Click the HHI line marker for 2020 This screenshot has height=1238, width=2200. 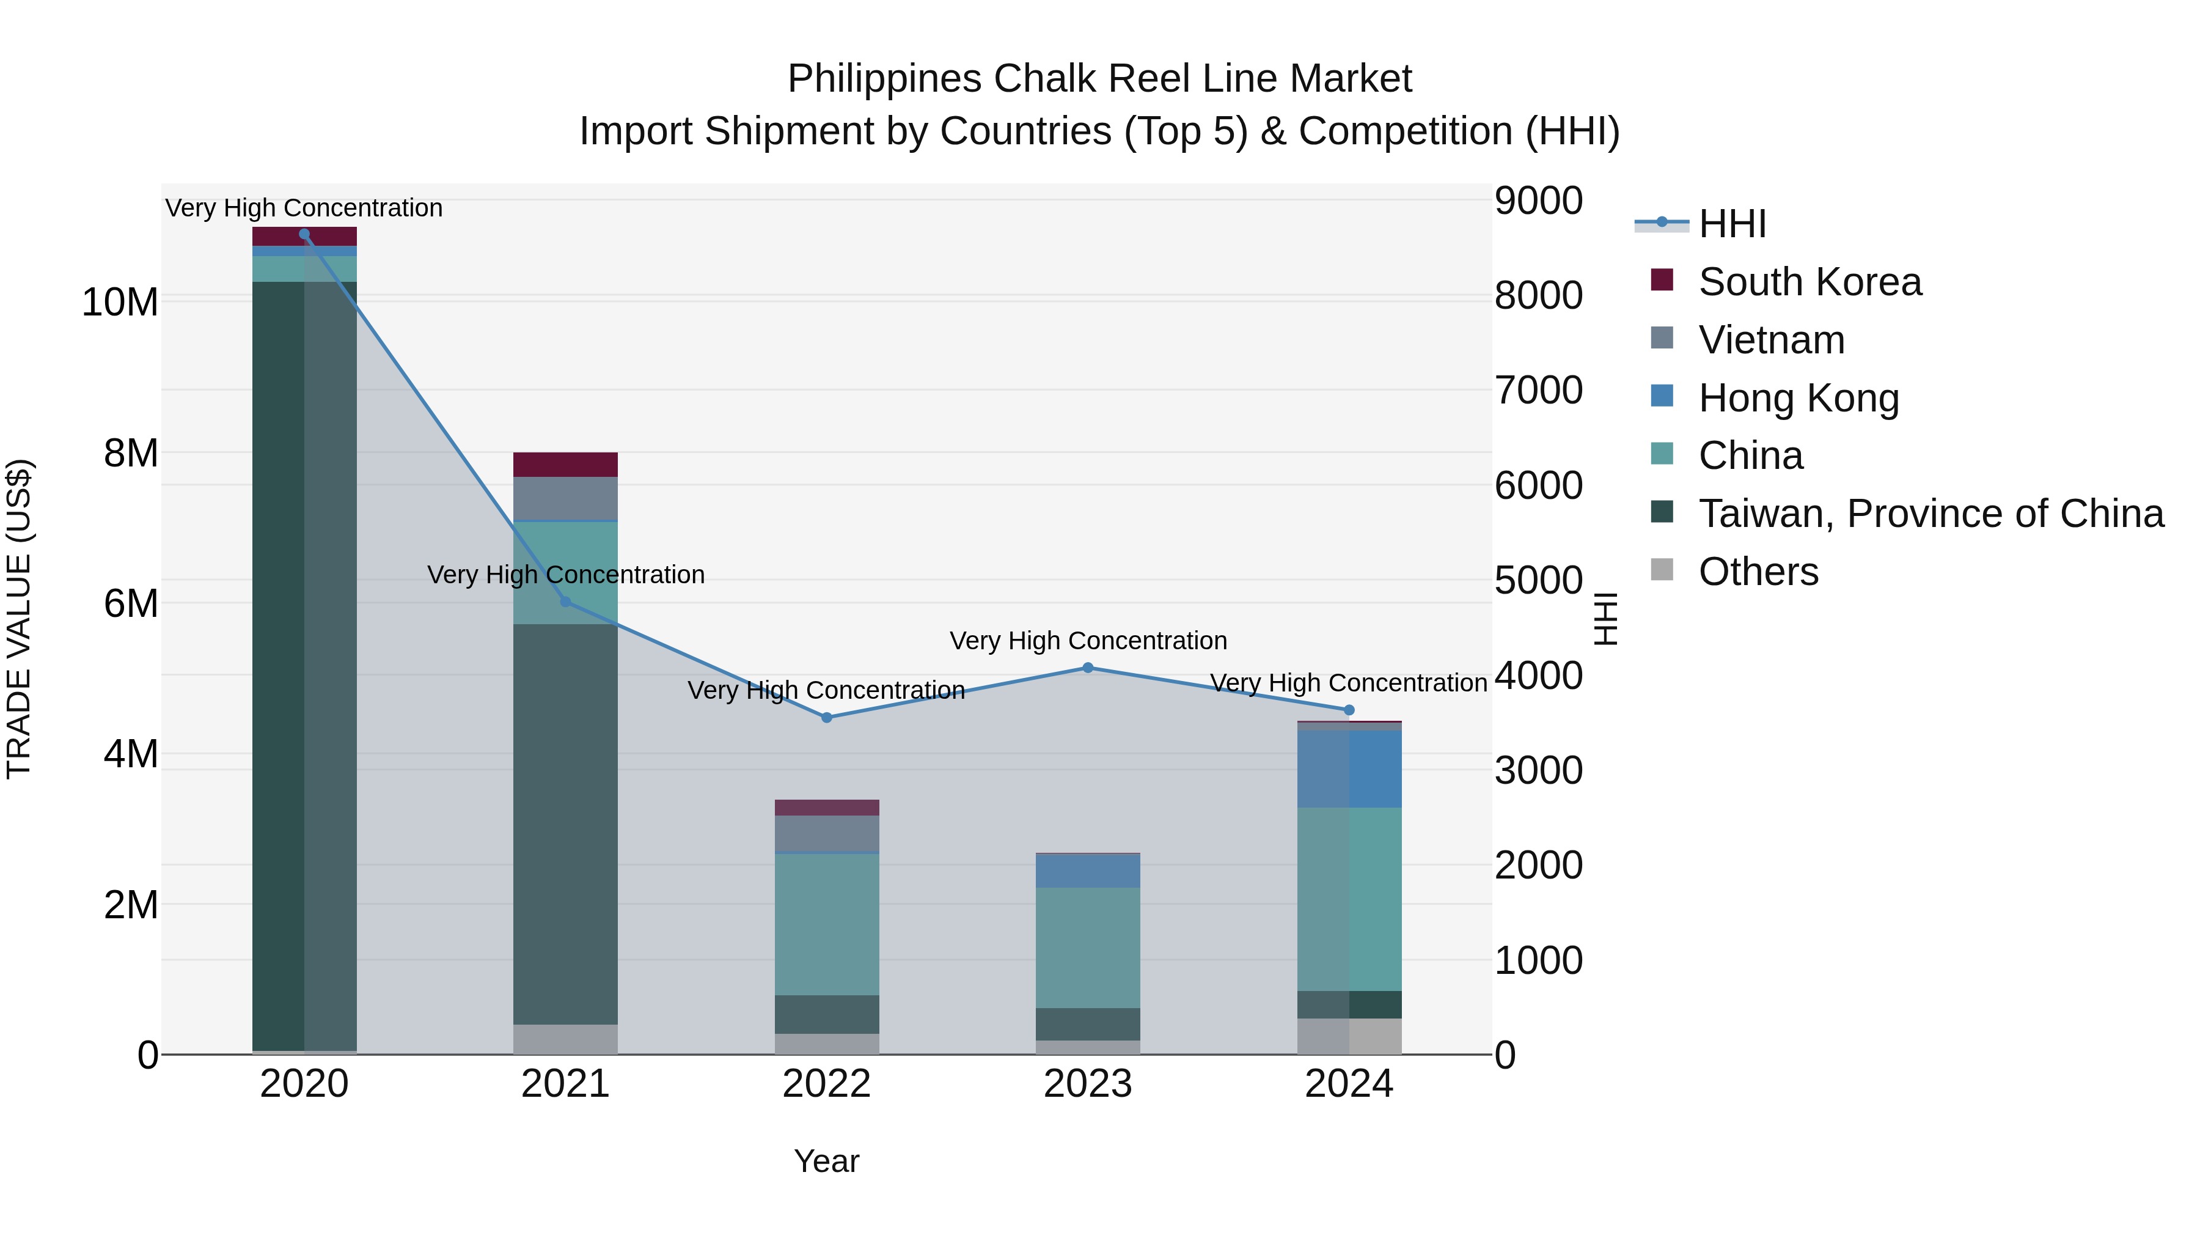click(x=304, y=234)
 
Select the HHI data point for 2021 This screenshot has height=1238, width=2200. click(x=565, y=602)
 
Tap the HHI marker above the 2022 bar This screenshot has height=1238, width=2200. click(x=827, y=718)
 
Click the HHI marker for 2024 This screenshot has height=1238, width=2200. click(x=1349, y=710)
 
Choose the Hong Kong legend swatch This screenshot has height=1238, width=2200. click(x=1662, y=396)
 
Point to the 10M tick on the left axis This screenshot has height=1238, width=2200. click(x=120, y=303)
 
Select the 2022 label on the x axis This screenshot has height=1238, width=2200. click(x=827, y=1084)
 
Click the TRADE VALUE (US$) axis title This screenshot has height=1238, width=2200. click(x=19, y=619)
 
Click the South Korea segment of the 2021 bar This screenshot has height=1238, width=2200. click(x=565, y=465)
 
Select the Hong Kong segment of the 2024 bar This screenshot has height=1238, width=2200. click(x=1349, y=769)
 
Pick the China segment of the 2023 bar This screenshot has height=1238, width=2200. click(x=1088, y=948)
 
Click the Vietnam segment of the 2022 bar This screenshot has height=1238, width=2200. click(x=827, y=833)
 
